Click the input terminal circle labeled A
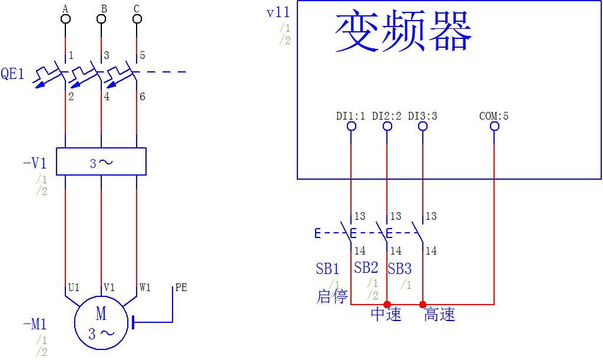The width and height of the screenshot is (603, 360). point(65,19)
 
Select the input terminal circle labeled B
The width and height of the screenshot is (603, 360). point(101,19)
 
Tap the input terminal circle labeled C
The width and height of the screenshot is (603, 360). point(137,19)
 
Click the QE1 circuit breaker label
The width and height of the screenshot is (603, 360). point(12,74)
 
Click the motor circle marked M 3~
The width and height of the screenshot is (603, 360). point(101,323)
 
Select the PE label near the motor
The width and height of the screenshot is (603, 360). point(181,288)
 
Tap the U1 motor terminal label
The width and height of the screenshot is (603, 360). point(74,288)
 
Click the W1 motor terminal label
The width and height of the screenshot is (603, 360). point(145,288)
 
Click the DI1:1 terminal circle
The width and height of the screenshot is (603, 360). point(352,126)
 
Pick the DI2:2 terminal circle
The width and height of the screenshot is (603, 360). point(387,126)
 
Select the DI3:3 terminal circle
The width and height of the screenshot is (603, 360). point(423,126)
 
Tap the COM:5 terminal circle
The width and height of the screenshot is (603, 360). point(494,126)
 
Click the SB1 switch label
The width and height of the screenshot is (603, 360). point(327,269)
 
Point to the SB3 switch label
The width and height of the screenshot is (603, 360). point(399,269)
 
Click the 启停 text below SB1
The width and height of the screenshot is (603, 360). point(332,296)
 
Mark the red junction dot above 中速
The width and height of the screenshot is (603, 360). point(387,305)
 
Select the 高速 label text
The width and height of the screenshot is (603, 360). point(440,315)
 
